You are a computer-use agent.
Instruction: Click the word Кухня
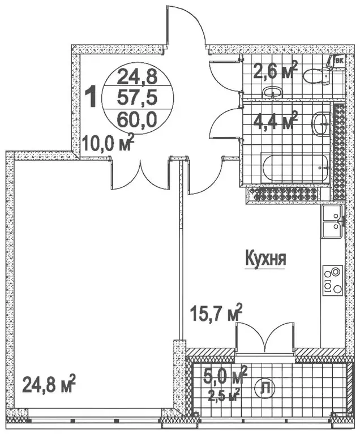click(265, 259)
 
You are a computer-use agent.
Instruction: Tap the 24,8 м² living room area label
click(49, 387)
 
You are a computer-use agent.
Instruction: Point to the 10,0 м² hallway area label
click(107, 141)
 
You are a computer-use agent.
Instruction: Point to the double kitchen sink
click(331, 222)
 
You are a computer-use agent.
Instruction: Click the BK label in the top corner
click(340, 59)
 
